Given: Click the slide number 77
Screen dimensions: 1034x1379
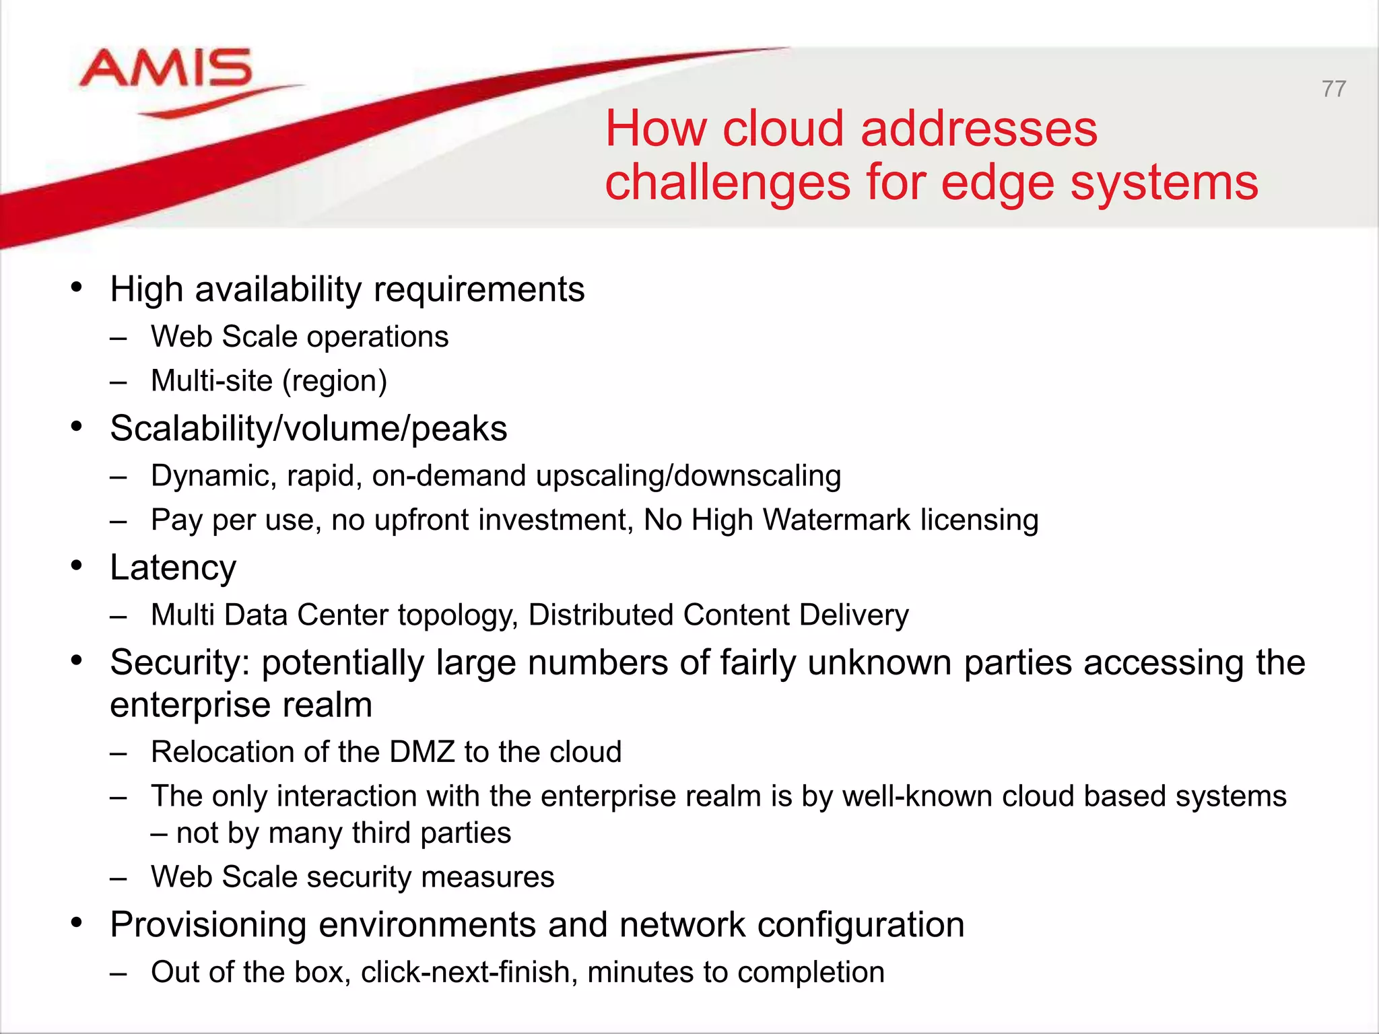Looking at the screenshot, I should tap(1333, 89).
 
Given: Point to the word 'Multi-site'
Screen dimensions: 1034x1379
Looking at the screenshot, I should tap(211, 381).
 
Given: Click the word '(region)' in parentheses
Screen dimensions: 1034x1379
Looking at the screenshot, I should tap(335, 381).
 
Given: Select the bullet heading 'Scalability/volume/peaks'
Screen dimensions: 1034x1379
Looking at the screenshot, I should tap(308, 429).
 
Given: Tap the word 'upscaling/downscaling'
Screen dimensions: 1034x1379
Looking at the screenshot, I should tap(689, 476).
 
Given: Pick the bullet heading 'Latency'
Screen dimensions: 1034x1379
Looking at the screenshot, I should tap(173, 567).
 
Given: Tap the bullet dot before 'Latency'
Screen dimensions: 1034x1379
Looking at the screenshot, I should tap(77, 566).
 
